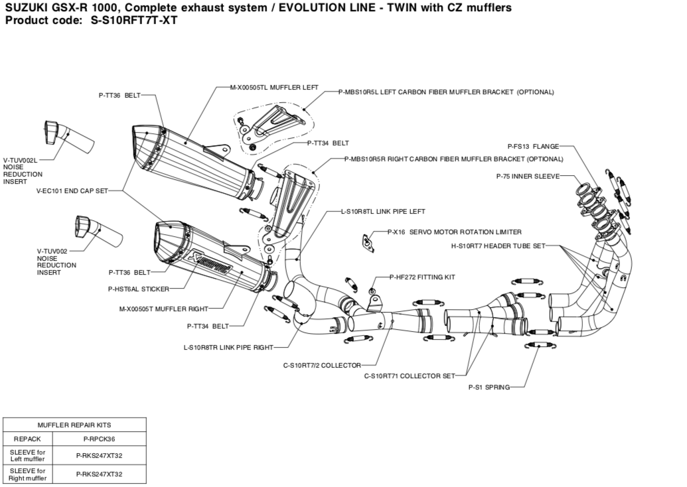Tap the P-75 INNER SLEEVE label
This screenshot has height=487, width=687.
coord(528,176)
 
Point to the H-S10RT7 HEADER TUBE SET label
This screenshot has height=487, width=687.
coord(498,246)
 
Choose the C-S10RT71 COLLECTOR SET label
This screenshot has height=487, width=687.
coord(410,376)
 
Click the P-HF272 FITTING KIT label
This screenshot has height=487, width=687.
coord(422,277)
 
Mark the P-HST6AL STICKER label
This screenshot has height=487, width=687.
coord(138,289)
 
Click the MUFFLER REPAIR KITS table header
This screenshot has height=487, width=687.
coord(74,425)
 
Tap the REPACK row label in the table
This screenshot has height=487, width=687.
coord(27,439)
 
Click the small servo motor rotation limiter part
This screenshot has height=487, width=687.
coord(366,242)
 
